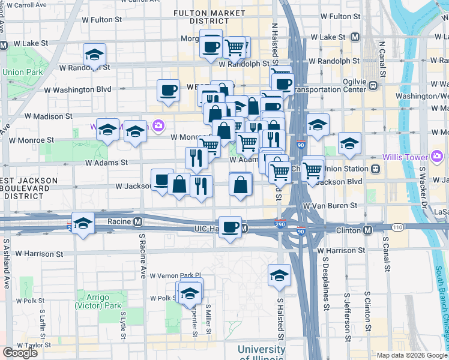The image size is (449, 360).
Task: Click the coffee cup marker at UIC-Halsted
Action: point(231,227)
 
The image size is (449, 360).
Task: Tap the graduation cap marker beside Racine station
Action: point(83,223)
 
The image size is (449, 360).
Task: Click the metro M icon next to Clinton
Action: point(368,230)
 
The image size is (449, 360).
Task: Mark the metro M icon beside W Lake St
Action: point(355,37)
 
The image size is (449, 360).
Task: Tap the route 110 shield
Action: point(397,229)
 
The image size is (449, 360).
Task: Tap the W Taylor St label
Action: point(34,346)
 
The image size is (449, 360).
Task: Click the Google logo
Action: point(20,353)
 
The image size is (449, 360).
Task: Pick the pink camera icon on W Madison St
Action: point(159,126)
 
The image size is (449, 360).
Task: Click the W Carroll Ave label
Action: point(25,5)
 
